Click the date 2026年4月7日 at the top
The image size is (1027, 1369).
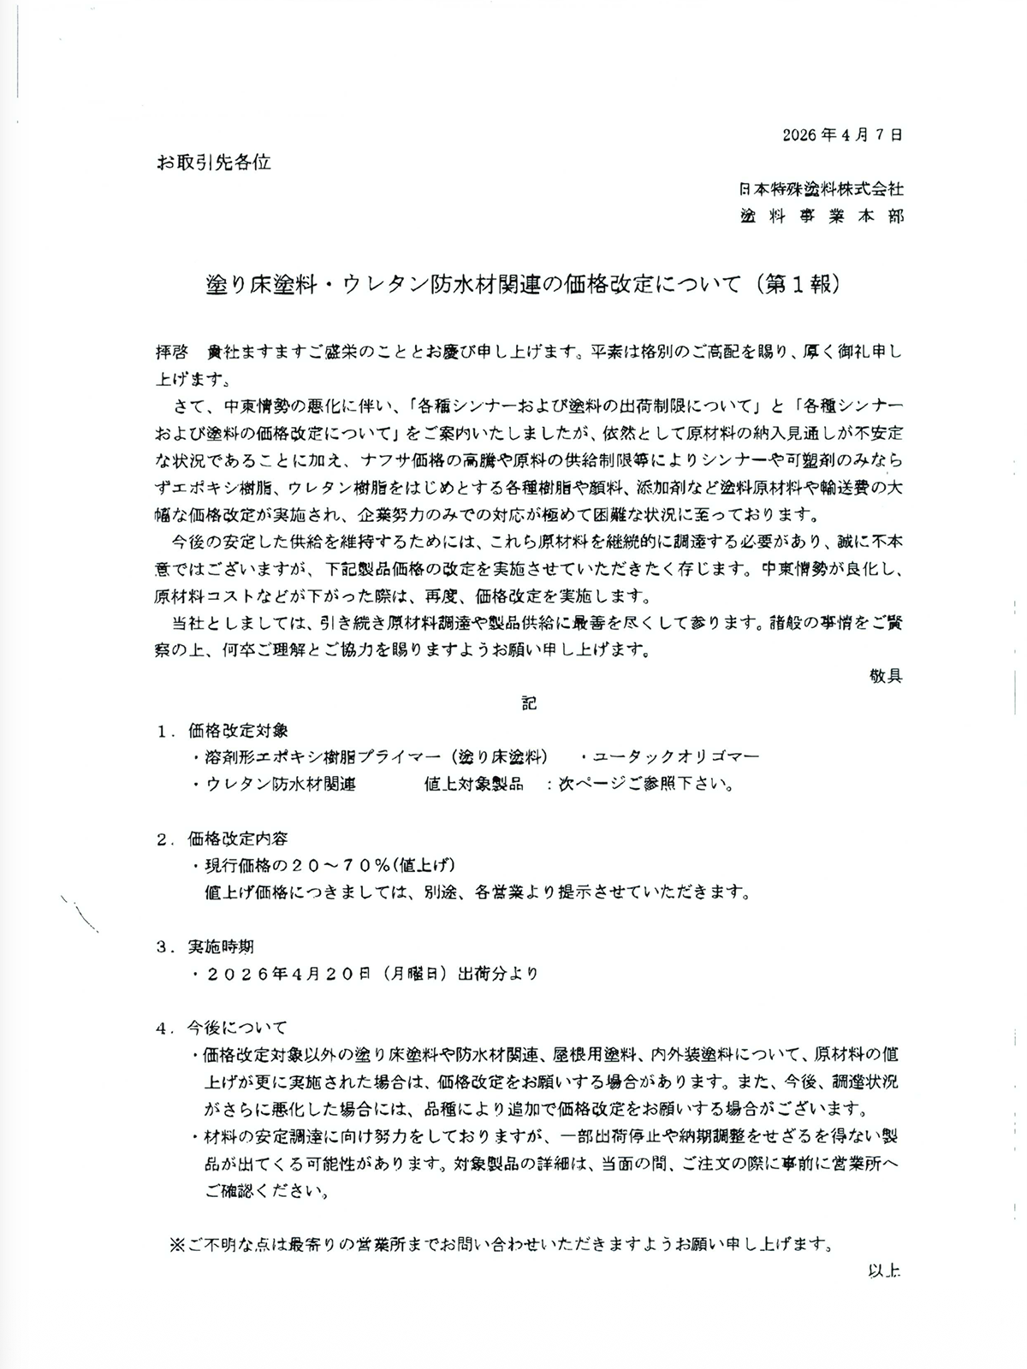tap(842, 134)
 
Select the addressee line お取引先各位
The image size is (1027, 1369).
tap(213, 161)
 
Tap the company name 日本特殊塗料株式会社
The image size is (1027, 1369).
tap(821, 189)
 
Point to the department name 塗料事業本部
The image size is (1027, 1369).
tap(821, 216)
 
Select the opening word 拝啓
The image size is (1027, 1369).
tap(172, 352)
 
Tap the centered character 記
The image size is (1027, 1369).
tap(529, 703)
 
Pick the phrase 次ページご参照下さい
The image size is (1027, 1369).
tap(645, 784)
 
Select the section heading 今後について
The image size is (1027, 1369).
tap(238, 1028)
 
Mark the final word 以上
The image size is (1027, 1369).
tap(884, 1271)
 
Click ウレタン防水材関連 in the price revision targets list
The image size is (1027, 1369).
tap(281, 784)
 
